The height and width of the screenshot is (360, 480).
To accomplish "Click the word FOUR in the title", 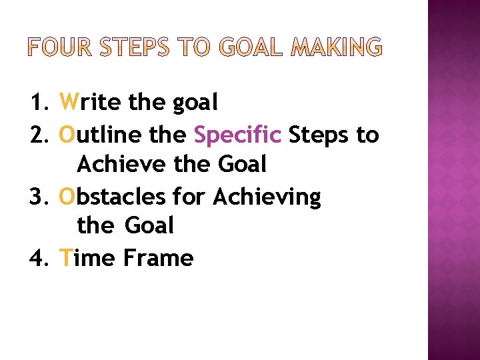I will [x=61, y=48].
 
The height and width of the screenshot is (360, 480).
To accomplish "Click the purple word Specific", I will [x=237, y=136].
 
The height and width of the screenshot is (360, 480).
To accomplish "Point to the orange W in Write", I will [x=69, y=103].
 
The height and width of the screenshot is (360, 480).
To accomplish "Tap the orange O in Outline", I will [x=67, y=135].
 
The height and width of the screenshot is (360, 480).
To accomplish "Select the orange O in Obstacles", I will [x=67, y=197].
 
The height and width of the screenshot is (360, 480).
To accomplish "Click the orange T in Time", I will [x=65, y=258].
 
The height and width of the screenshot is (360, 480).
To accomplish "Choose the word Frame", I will [x=158, y=258].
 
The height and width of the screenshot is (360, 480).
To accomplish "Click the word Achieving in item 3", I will [x=266, y=197].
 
